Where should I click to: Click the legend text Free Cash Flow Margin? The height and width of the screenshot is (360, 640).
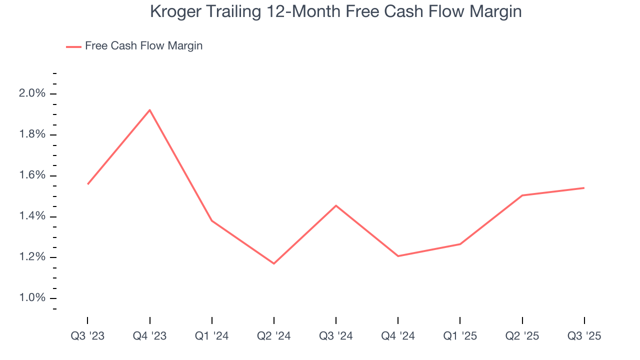pos(143,46)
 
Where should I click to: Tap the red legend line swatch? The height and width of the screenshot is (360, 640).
pos(73,47)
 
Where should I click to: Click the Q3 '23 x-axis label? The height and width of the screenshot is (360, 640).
pos(87,336)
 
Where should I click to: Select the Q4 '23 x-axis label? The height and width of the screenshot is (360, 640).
pos(149,336)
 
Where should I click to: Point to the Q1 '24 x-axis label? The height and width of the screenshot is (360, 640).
pos(212,336)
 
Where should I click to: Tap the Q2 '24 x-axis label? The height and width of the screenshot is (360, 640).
pos(274,336)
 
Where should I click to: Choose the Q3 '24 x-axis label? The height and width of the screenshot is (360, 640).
pos(336,336)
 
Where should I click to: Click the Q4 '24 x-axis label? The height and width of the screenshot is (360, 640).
pos(398,336)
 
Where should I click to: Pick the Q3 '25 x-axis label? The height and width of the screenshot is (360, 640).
pos(584,336)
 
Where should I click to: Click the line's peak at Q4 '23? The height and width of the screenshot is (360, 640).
pos(149,110)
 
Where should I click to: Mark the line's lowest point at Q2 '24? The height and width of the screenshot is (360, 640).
pos(274,263)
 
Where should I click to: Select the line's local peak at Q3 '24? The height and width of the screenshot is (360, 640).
pos(336,205)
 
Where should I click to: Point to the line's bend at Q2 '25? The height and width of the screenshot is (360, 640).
pos(522,195)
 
